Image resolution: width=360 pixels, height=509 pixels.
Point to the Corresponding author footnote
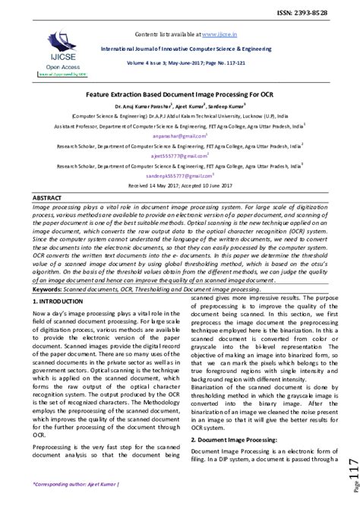(76, 483)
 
